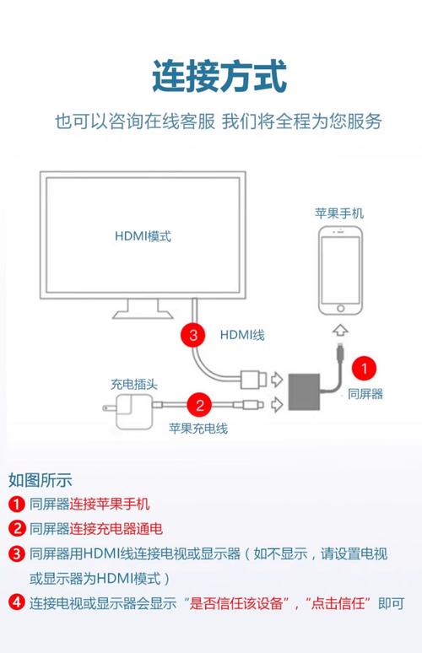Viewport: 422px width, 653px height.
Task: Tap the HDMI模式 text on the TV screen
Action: click(143, 236)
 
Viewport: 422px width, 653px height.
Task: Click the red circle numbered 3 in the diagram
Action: click(193, 335)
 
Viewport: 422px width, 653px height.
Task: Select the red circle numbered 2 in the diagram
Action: click(200, 404)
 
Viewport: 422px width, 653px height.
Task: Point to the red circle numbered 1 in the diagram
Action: click(364, 368)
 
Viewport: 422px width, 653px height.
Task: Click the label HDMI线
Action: click(242, 335)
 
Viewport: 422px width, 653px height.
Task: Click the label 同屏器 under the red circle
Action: click(365, 394)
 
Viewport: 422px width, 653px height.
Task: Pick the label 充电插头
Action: click(133, 384)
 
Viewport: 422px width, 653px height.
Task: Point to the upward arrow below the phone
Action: click(339, 329)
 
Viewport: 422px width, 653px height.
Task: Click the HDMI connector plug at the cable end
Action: click(254, 378)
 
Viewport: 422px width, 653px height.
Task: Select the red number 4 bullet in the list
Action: click(17, 602)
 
